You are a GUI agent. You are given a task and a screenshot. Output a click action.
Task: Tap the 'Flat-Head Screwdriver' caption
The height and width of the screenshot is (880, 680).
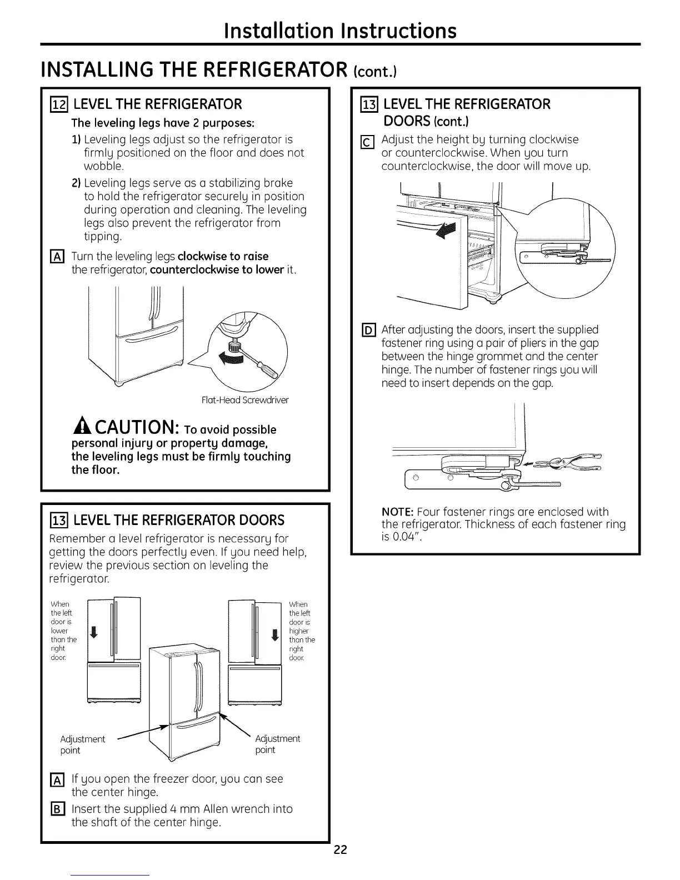pyautogui.click(x=245, y=400)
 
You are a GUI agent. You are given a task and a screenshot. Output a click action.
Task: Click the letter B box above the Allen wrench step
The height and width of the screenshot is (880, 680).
pyautogui.click(x=58, y=809)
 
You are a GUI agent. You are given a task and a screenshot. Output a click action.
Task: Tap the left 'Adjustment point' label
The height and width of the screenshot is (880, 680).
pyautogui.click(x=82, y=744)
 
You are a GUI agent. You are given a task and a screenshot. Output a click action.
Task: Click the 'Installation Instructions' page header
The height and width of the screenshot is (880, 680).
pyautogui.click(x=340, y=30)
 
